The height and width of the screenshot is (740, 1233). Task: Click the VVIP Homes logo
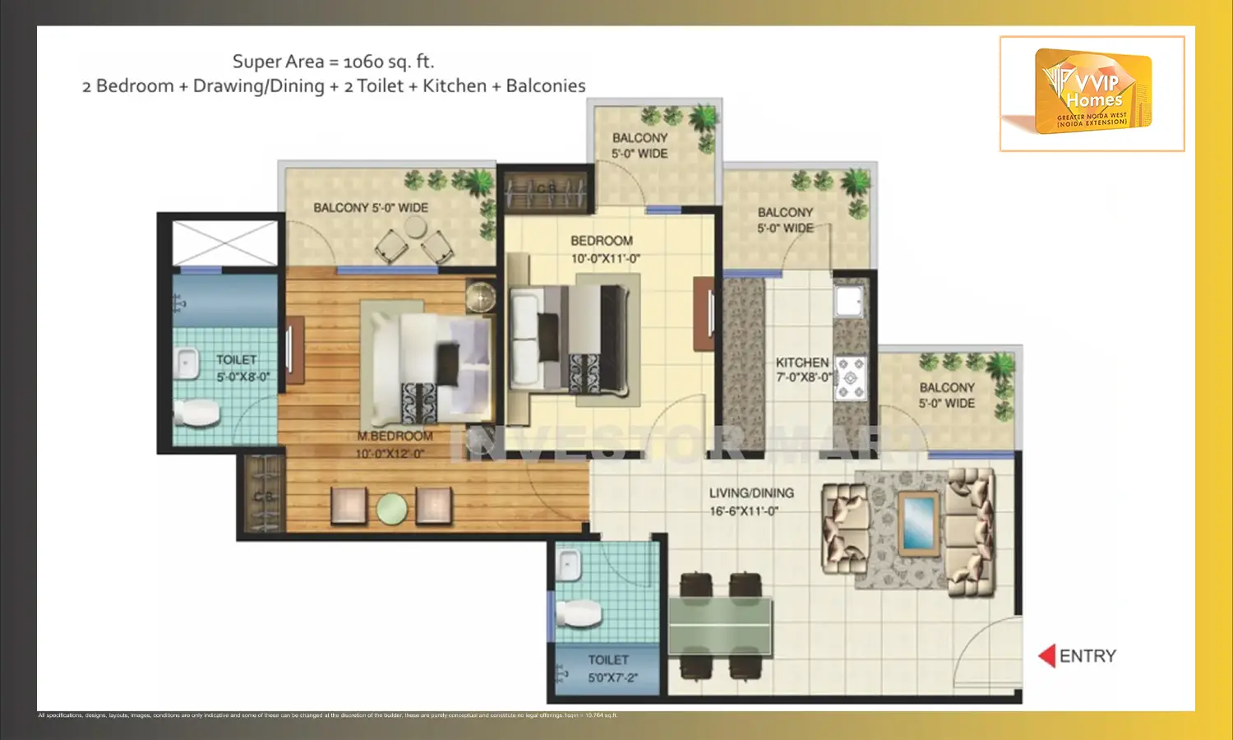(1092, 92)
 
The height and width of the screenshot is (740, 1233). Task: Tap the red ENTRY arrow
(1046, 655)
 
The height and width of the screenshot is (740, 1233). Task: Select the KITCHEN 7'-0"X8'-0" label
(803, 369)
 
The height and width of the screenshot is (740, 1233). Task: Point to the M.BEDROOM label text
(395, 436)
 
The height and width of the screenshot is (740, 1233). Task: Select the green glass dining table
(720, 626)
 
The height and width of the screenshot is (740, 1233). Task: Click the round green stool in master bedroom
(392, 508)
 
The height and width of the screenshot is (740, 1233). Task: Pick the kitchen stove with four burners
(851, 377)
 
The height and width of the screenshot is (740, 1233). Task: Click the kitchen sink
(848, 300)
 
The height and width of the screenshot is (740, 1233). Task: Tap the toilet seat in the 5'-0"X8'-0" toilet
(196, 413)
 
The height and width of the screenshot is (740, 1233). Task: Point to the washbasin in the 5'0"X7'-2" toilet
(568, 565)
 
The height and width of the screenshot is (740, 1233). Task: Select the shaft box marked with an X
(224, 243)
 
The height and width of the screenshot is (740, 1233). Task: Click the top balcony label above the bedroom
(640, 146)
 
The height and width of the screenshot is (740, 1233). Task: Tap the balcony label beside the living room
(947, 395)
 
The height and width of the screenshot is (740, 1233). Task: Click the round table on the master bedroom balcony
(415, 226)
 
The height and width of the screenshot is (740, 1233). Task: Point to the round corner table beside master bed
(481, 296)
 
